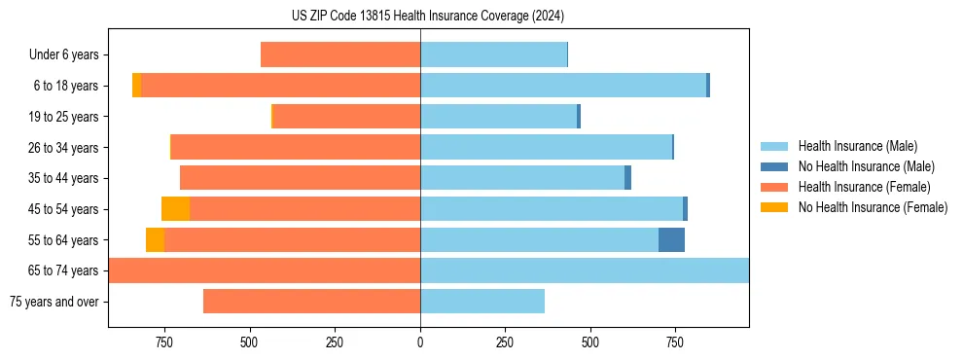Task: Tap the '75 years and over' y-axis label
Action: pyautogui.click(x=54, y=302)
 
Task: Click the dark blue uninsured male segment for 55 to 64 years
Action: pyautogui.click(x=671, y=239)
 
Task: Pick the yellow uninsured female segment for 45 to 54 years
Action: pyautogui.click(x=175, y=209)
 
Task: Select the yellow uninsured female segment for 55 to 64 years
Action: pyautogui.click(x=155, y=239)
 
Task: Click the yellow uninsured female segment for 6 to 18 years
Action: pyautogui.click(x=137, y=86)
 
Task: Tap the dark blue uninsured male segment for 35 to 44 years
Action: pyautogui.click(x=627, y=178)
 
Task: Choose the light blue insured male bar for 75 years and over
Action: pyautogui.click(x=482, y=302)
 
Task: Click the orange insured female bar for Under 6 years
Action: pyautogui.click(x=340, y=55)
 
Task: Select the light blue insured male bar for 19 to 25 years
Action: pyautogui.click(x=498, y=117)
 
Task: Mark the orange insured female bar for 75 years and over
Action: pyautogui.click(x=311, y=302)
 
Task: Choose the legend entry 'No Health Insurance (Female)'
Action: pyautogui.click(x=873, y=207)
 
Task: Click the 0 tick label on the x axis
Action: pyautogui.click(x=420, y=342)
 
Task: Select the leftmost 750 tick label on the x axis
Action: pyautogui.click(x=163, y=342)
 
